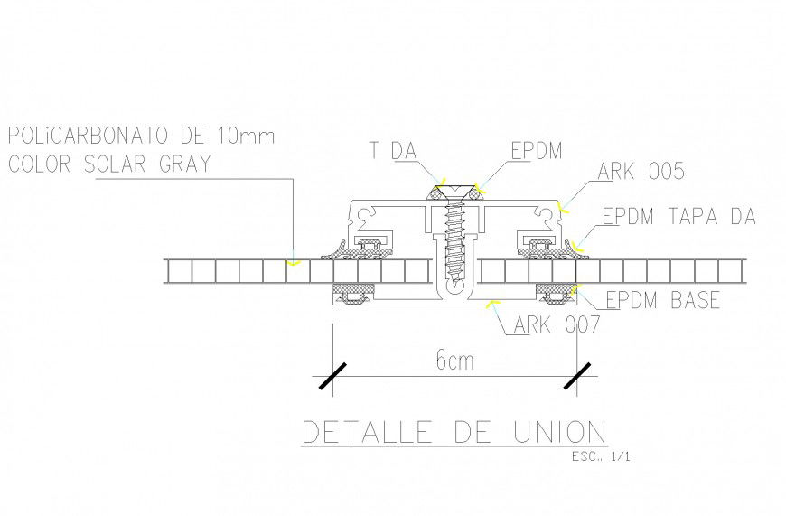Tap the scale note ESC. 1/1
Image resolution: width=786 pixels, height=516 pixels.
[601, 456]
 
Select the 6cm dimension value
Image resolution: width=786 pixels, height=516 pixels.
[454, 361]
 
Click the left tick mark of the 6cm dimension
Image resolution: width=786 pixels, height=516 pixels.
[332, 376]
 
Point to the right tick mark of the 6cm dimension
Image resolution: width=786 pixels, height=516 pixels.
[577, 376]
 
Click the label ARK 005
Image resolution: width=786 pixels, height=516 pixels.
[641, 172]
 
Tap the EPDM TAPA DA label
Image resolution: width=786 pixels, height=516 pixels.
[678, 217]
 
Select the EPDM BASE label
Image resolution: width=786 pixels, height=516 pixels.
[662, 299]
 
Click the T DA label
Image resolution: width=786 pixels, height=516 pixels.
[391, 150]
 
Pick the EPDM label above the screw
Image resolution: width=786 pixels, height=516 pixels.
[536, 150]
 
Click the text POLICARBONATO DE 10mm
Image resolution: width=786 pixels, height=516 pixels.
[140, 136]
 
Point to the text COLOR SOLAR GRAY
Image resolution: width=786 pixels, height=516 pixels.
[108, 164]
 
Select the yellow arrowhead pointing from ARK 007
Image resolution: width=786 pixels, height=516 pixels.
[490, 301]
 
